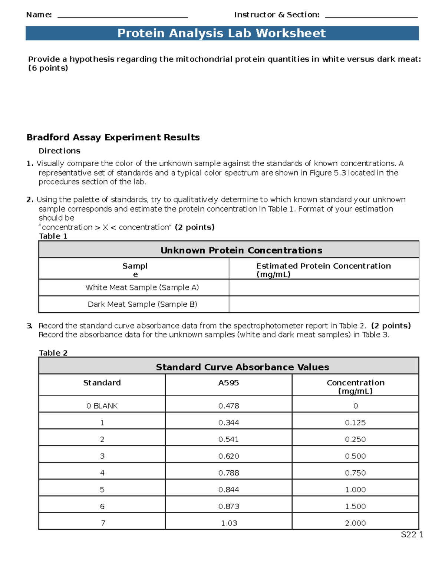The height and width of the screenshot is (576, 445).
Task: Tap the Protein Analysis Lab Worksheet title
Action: [222, 33]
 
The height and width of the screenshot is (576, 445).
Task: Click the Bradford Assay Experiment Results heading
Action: [113, 138]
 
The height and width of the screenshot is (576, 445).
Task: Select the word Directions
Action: [59, 151]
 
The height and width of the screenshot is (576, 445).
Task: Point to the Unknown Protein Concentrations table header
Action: [241, 250]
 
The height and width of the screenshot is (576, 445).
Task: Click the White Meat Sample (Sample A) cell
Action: [142, 287]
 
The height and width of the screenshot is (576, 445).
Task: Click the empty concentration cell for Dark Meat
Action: [324, 304]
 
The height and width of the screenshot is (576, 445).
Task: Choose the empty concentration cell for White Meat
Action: [324, 287]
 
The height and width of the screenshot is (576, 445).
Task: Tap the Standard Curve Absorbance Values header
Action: [242, 367]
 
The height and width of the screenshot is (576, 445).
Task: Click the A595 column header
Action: [228, 383]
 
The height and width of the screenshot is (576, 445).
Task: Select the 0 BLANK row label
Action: [102, 406]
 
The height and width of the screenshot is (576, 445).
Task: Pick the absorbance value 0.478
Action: [228, 406]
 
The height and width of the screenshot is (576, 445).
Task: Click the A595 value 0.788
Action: [228, 473]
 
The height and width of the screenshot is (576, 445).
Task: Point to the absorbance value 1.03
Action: [229, 523]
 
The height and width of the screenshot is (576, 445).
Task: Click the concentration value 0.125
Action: [355, 423]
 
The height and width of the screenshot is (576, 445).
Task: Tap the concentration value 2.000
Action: [355, 523]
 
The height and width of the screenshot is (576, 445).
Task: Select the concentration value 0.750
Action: [355, 473]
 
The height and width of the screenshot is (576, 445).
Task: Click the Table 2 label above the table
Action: [53, 353]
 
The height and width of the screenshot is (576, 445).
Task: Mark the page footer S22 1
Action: [412, 534]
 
